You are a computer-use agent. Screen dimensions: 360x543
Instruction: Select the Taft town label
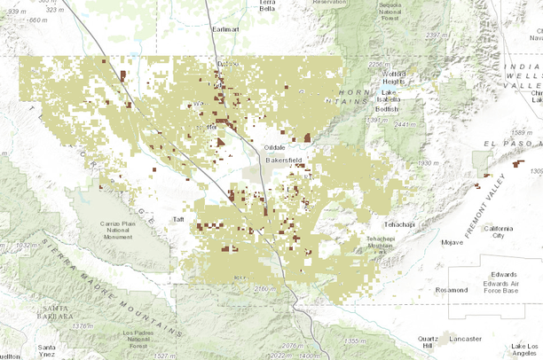[178, 218]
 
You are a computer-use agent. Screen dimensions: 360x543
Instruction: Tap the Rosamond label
[452, 289]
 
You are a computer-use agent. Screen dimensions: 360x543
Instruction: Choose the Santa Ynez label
[50, 348]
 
